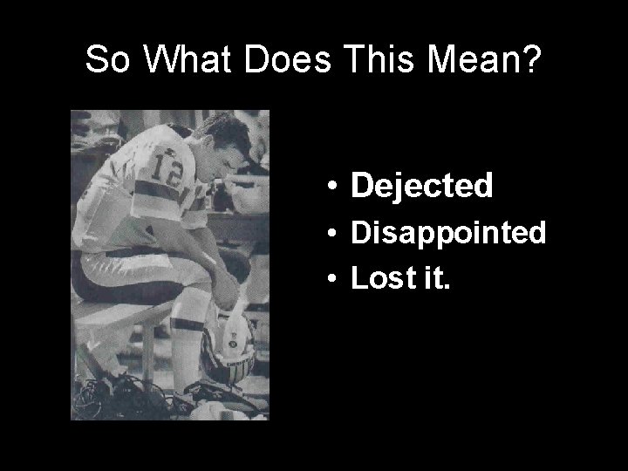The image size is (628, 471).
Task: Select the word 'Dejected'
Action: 421,185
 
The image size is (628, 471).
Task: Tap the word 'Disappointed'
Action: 447,233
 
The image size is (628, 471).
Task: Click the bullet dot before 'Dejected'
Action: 334,187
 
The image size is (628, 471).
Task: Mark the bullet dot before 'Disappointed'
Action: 334,234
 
